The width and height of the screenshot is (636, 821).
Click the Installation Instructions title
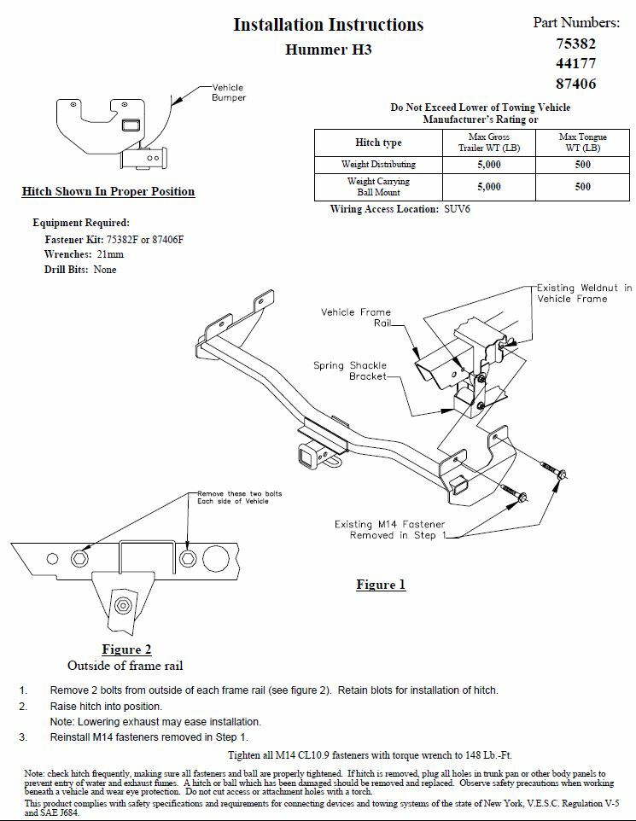click(328, 24)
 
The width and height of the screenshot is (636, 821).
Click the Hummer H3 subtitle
click(328, 49)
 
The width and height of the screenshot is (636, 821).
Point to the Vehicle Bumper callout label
click(229, 93)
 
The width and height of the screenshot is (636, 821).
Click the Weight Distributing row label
click(379, 164)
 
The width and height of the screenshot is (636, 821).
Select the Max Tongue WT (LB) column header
click(582, 142)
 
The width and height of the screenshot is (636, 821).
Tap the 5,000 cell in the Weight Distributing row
click(488, 164)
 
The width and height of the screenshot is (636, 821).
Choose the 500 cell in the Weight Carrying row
click(582, 187)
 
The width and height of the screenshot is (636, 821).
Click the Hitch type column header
click(379, 143)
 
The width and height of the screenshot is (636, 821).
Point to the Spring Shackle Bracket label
click(351, 370)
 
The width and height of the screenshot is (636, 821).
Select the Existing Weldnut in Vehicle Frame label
click(584, 294)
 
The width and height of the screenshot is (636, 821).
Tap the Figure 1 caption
click(381, 585)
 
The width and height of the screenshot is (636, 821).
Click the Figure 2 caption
click(126, 649)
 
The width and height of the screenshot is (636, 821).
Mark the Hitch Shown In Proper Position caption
click(108, 191)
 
